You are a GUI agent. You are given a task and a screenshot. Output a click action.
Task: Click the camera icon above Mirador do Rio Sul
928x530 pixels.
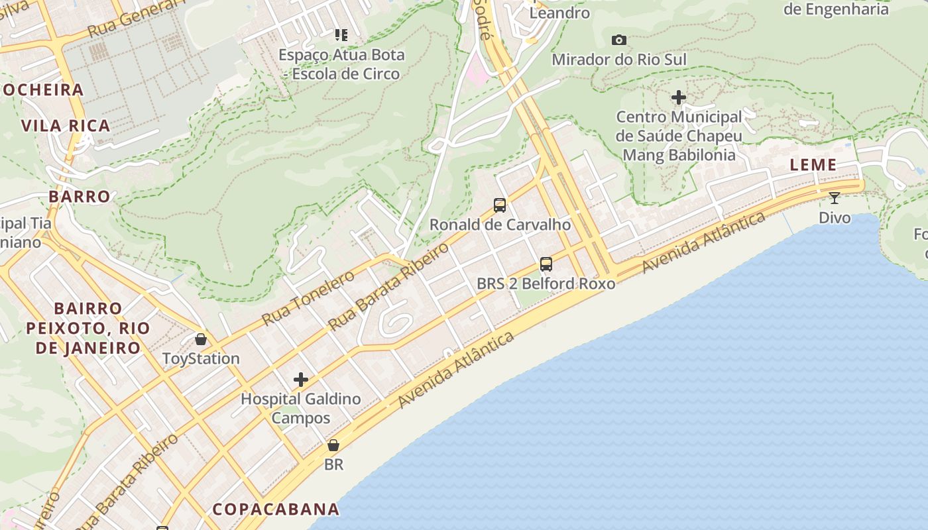pos(619,40)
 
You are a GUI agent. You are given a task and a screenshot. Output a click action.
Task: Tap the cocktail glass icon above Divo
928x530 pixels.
pos(835,197)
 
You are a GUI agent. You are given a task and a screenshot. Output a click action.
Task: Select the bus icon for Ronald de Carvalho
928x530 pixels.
pos(500,205)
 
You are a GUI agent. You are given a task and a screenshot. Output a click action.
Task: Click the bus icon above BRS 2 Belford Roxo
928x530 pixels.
pos(546,264)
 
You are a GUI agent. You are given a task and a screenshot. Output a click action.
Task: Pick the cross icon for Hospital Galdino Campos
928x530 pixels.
pos(301,380)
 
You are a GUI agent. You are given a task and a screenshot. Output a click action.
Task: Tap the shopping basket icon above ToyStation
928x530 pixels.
pos(201,339)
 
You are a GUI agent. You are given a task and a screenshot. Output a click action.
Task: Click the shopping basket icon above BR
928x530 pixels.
pos(333,445)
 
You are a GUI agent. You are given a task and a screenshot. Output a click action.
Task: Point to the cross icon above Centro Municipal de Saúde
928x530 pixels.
pos(679,98)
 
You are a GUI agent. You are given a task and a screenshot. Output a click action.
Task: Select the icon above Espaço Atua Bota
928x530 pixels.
pos(341,34)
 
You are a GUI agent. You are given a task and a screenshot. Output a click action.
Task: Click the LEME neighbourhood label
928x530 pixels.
pos(813,165)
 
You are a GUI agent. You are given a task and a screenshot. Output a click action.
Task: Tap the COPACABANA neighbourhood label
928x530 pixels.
pos(276,509)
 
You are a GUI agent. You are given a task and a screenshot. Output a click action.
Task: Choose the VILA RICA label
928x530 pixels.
pos(66,126)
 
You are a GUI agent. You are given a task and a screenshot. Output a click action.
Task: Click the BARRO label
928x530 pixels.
pos(80,197)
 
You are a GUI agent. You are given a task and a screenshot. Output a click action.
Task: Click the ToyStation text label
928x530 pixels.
pos(201,359)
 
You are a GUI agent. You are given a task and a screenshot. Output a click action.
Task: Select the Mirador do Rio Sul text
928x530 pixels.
pos(619,60)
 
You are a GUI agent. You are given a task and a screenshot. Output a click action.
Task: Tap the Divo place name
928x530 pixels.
pos(835,217)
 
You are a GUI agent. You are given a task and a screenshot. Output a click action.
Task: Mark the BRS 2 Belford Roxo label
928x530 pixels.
pos(546,284)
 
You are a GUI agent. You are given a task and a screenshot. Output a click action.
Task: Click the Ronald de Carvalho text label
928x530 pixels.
pos(500,225)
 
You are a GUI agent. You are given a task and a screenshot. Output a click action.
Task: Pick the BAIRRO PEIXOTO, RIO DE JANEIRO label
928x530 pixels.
pos(88,328)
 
